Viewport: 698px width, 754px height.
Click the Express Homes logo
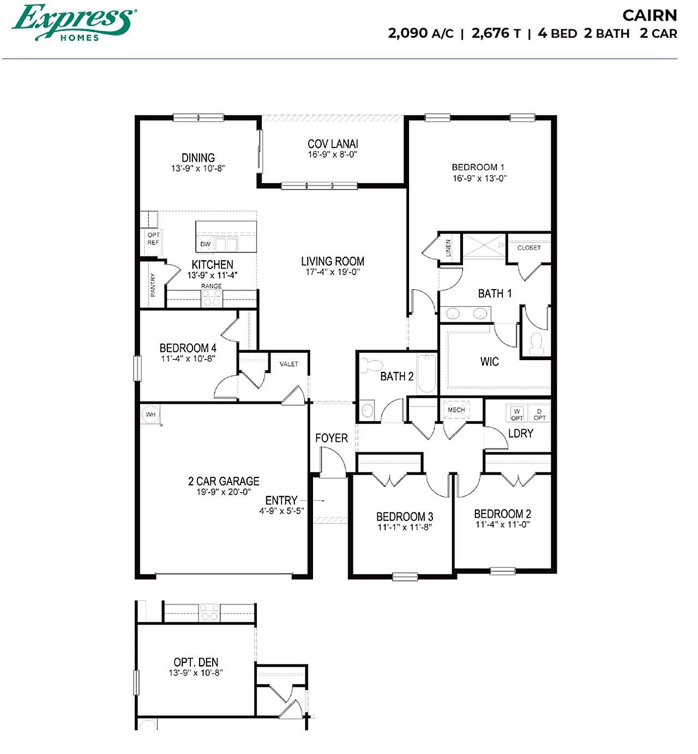[x=74, y=22]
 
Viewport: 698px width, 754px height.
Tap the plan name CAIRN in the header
[x=650, y=16]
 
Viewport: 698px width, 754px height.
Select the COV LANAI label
[x=333, y=144]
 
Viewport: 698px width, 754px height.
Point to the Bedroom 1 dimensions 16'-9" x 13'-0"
[x=479, y=178]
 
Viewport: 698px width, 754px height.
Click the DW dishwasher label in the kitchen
[x=206, y=244]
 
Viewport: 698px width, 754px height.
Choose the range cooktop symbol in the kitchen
[x=212, y=298]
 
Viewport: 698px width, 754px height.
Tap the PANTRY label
[x=153, y=285]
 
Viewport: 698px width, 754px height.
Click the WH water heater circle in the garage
[x=151, y=414]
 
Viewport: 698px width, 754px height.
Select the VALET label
[x=289, y=364]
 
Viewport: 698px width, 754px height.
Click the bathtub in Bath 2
[x=427, y=374]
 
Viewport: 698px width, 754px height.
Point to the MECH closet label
[x=456, y=410]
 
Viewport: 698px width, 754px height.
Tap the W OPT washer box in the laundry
[x=516, y=414]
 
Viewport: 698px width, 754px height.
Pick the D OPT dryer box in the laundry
[x=539, y=414]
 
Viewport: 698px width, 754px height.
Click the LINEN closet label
[x=448, y=248]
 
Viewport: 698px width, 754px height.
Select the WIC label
[x=489, y=362]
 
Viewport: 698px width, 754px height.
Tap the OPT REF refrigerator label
[x=153, y=239]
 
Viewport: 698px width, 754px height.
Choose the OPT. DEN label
[x=196, y=662]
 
